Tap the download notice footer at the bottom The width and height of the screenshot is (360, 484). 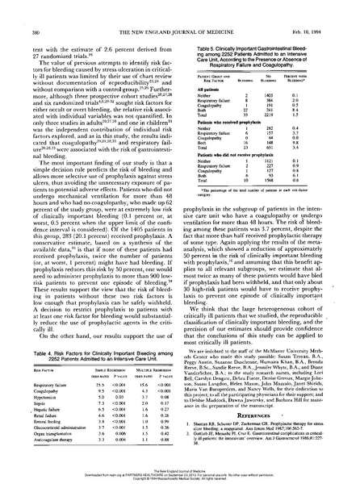click(x=179, y=474)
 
